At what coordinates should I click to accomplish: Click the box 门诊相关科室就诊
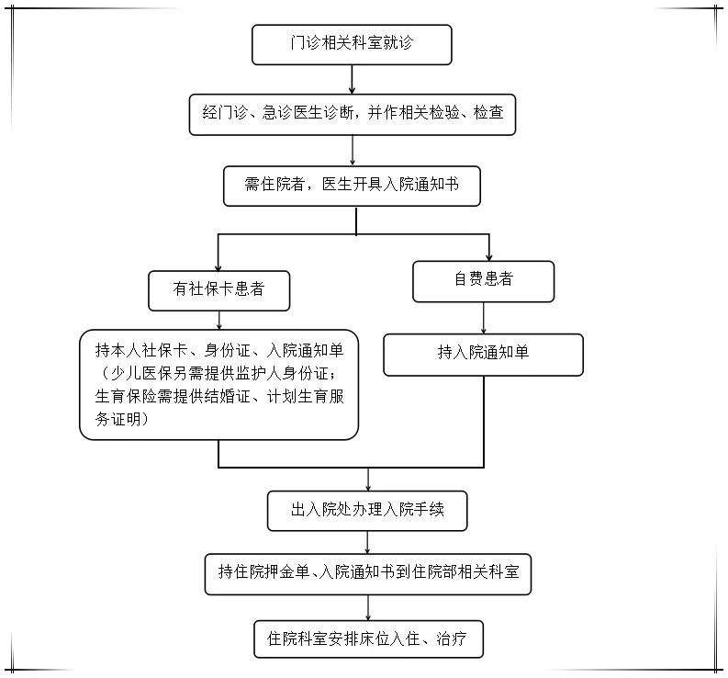(x=352, y=45)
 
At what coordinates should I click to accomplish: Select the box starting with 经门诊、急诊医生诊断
(x=353, y=115)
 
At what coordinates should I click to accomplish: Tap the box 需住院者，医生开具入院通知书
(x=352, y=186)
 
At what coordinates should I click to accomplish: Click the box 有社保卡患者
(x=219, y=291)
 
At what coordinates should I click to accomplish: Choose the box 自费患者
(x=483, y=281)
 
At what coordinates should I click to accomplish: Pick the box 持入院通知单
(x=483, y=355)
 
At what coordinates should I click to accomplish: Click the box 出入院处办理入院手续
(x=367, y=511)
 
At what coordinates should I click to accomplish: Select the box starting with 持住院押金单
(x=368, y=574)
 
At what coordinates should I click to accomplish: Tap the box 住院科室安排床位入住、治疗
(x=369, y=639)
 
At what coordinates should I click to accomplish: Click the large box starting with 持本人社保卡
(x=219, y=385)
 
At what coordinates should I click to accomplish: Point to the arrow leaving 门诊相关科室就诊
(x=352, y=79)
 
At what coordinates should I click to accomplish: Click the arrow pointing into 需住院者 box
(x=353, y=151)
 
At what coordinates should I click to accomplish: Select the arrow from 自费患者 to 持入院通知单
(x=483, y=318)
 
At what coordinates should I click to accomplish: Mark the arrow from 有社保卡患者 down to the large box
(x=219, y=321)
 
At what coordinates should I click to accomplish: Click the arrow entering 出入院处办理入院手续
(x=368, y=480)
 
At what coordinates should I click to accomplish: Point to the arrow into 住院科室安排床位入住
(x=368, y=607)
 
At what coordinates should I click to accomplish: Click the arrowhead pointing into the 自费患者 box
(x=489, y=257)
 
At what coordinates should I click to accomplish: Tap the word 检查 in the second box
(x=488, y=112)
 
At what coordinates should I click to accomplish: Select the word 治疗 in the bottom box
(x=451, y=639)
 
